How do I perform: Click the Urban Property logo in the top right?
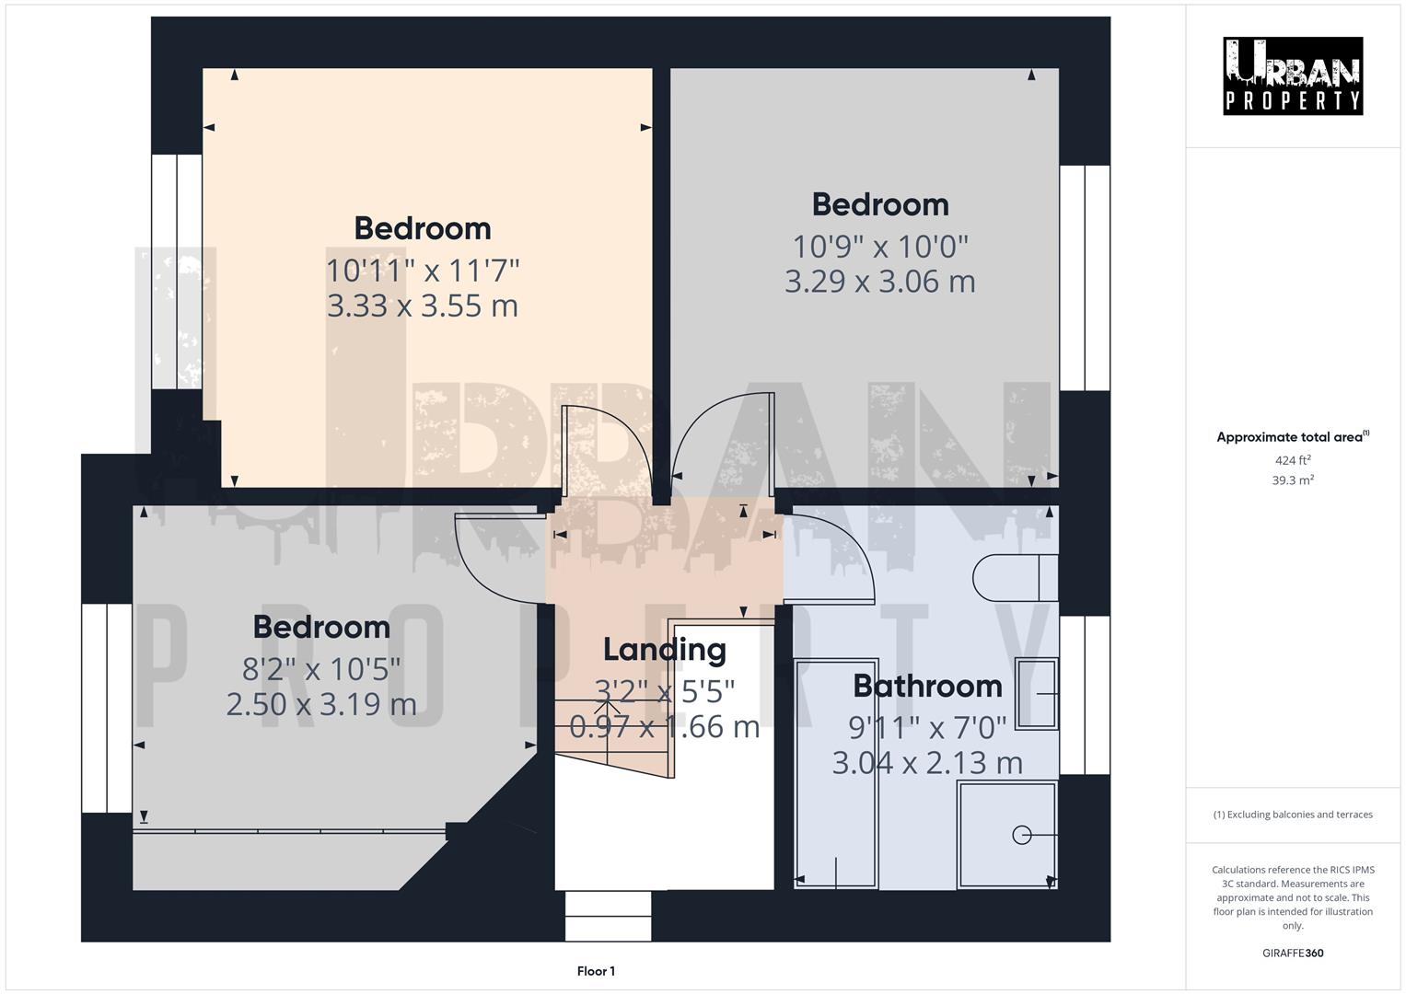(x=1292, y=75)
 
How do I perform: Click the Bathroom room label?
(x=926, y=686)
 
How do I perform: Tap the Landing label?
(x=664, y=649)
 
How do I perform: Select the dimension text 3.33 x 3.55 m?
(x=423, y=306)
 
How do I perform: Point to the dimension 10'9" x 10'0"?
(x=880, y=246)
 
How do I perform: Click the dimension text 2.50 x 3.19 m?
(x=321, y=704)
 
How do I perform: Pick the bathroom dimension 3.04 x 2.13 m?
(x=926, y=763)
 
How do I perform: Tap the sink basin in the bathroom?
(x=1036, y=693)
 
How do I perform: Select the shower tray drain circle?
(x=1021, y=835)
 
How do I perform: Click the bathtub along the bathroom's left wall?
(x=836, y=773)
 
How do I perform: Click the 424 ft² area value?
(x=1292, y=460)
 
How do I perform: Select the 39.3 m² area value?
(x=1292, y=480)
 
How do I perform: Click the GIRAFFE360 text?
(x=1292, y=953)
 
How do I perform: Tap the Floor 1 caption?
(x=596, y=971)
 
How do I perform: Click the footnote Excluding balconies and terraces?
(x=1292, y=815)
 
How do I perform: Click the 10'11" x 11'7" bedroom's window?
(x=176, y=272)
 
